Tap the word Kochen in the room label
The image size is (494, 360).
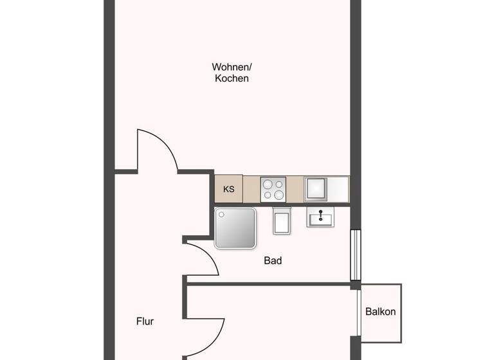[x=232, y=78]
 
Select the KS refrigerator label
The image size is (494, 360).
[x=228, y=190]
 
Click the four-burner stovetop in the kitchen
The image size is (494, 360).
[x=273, y=190]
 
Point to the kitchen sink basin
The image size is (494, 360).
[x=316, y=189]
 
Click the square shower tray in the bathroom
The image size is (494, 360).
[x=235, y=228]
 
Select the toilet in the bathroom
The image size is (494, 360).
[x=282, y=221]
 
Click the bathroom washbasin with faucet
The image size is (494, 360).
[x=320, y=217]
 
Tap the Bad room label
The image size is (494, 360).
[x=273, y=261]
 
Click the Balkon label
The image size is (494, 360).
[x=380, y=312]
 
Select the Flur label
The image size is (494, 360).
[x=145, y=321]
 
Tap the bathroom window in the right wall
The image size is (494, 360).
[x=355, y=255]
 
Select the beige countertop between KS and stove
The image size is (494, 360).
[x=252, y=190]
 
